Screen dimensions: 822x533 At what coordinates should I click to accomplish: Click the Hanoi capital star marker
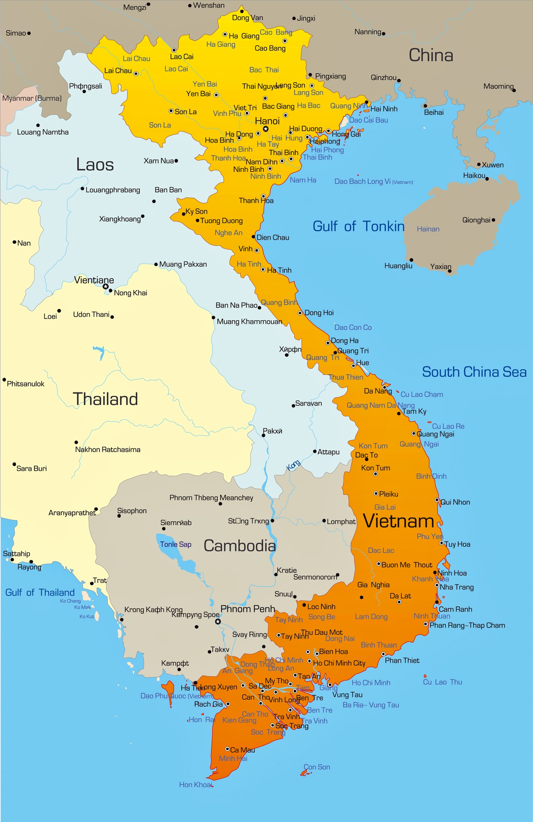266,129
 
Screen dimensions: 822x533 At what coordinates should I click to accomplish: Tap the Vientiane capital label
94,280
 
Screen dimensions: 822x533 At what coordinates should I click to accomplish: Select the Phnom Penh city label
247,609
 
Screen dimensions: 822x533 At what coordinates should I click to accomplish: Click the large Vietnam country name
399,521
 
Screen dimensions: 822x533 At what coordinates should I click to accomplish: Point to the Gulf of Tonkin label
358,226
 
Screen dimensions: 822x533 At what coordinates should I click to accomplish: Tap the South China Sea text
474,372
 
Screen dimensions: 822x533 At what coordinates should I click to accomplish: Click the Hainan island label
428,229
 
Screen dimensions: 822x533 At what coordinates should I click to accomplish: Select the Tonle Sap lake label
175,545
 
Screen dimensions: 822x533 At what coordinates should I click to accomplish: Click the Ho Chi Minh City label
339,663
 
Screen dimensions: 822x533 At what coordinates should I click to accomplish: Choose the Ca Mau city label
242,750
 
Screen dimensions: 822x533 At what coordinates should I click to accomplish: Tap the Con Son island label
317,767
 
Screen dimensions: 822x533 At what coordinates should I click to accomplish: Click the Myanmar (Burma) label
32,99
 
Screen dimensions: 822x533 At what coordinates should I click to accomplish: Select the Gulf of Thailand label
40,593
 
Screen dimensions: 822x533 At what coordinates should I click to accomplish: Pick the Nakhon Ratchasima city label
108,450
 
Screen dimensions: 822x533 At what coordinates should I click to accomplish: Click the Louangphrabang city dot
83,189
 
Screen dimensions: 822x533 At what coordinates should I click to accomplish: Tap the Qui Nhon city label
455,502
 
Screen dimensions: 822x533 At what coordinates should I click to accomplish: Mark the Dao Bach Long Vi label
362,182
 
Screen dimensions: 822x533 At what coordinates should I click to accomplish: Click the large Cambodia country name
240,546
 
